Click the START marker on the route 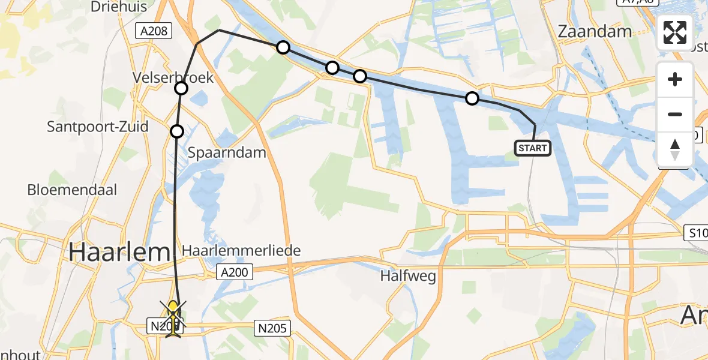tap(532, 148)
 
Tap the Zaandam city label tap(595, 32)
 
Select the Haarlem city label tap(119, 252)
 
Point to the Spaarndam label tap(227, 152)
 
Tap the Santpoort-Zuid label tap(98, 127)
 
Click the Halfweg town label tap(407, 276)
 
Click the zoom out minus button tap(675, 114)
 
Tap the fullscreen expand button tap(675, 32)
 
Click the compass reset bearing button tap(675, 149)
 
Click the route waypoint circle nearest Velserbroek tap(181, 89)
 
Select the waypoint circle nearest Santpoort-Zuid tap(176, 131)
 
